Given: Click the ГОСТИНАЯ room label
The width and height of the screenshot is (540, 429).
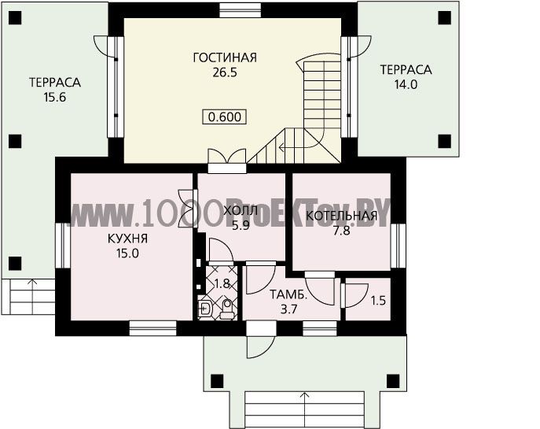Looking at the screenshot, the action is coord(225,57).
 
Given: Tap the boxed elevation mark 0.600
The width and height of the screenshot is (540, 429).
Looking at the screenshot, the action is coord(225,117).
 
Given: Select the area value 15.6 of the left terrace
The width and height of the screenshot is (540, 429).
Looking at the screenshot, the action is coord(55,98).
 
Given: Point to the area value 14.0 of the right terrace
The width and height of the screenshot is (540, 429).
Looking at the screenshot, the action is coord(406,84).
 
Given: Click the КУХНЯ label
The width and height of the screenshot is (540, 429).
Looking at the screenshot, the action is coord(128,239).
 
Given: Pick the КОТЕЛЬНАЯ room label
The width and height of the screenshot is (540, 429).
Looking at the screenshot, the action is coord(342,216).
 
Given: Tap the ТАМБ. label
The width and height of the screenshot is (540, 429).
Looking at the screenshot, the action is coord(288,295).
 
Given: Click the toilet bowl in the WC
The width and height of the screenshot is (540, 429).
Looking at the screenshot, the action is coord(226,309).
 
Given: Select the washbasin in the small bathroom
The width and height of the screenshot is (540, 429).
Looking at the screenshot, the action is coord(205,309).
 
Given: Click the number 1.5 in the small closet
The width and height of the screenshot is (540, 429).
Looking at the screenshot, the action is coord(378,301).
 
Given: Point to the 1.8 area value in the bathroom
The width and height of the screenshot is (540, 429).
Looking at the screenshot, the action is coord(222,284).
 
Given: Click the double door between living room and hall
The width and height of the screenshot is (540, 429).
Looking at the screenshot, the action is coord(227,161).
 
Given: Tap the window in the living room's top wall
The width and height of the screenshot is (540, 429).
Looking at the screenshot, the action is coord(240,10).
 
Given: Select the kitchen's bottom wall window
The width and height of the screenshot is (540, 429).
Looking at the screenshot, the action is coord(153,328).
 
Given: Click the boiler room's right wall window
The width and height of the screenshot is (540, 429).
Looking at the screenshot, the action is coord(398,246).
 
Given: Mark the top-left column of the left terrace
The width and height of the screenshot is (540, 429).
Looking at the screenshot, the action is coord(15,17).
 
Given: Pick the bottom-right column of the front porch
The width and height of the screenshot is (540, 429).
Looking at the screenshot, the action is coord(393,382).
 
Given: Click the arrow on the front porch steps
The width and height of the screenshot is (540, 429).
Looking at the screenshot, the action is coord(304,410).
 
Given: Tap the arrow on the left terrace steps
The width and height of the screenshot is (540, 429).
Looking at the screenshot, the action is coord(33,296).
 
